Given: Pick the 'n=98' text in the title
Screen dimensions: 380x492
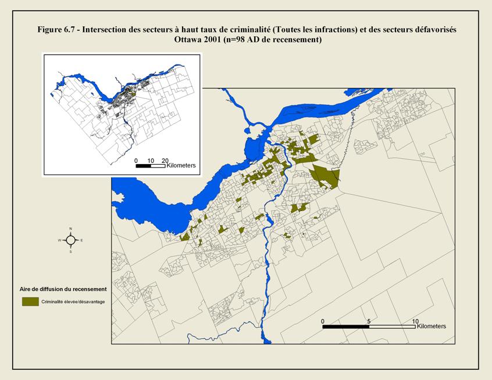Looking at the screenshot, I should point(240,40).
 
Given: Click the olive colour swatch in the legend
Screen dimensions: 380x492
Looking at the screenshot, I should point(30,301).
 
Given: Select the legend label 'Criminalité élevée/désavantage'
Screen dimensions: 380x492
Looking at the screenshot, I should point(73,301).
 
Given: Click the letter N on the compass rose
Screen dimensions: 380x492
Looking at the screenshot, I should point(70,229).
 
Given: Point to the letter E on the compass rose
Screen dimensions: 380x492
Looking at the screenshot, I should point(81,240).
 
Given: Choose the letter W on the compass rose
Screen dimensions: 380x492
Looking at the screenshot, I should point(59,240).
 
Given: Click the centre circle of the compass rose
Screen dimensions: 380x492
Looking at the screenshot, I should point(70,240).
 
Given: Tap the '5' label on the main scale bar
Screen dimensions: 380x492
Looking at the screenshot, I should point(369,321).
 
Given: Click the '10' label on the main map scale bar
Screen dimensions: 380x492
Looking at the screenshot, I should point(415,321).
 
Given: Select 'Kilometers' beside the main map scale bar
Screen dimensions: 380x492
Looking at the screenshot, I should point(432,326).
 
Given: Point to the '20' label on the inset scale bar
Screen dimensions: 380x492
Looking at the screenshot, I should point(165,160).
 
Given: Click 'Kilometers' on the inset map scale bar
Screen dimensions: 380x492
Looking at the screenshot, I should point(181,166).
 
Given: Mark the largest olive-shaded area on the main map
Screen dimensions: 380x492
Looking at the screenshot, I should point(324,176).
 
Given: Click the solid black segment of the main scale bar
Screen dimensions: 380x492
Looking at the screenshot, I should point(345,326).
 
